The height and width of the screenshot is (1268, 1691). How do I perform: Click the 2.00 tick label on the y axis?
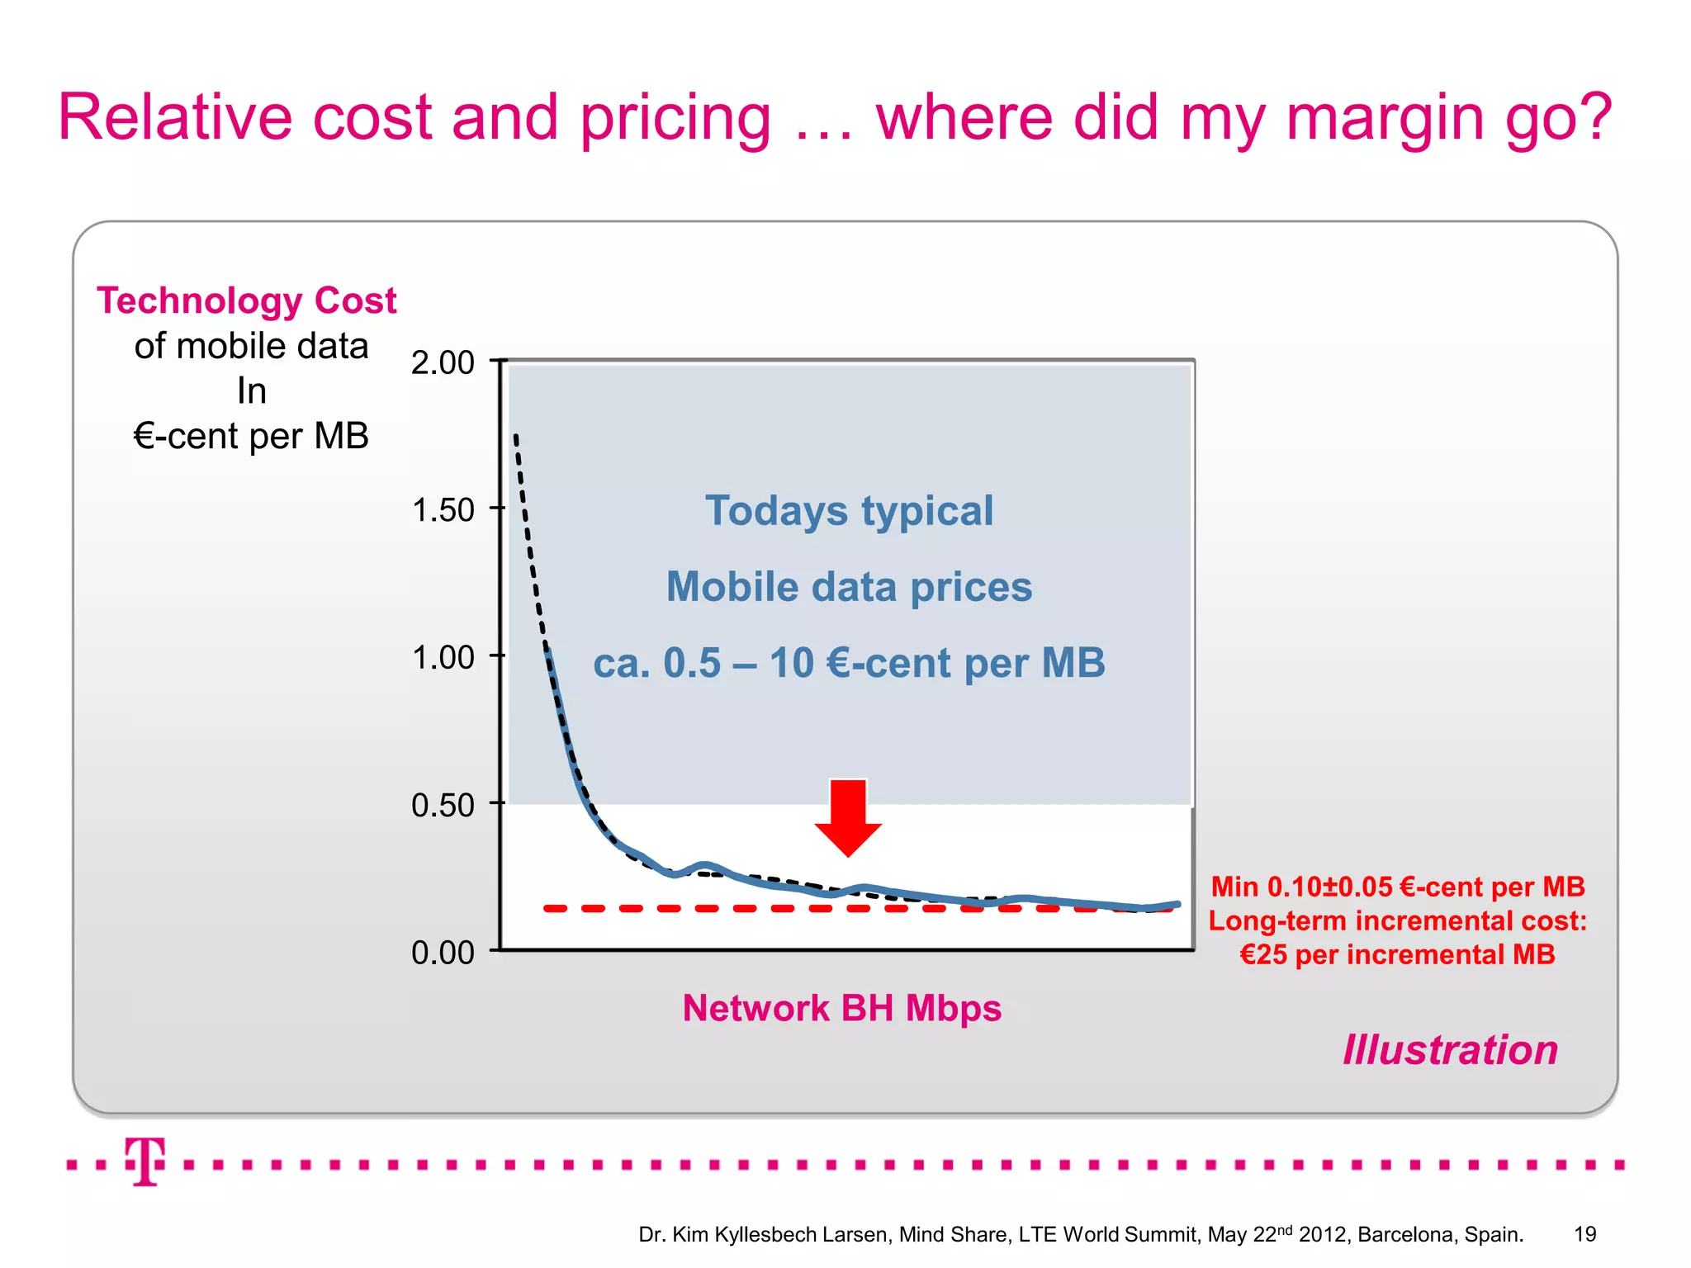[443, 362]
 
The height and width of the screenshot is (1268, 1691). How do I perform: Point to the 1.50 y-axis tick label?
[443, 510]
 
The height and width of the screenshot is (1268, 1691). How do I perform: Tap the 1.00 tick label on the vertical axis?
[443, 658]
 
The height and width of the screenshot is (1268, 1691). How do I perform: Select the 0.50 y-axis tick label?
[443, 805]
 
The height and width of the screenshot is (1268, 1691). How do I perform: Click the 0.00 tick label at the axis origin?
[443, 953]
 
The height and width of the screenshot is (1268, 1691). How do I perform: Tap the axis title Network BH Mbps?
[841, 1008]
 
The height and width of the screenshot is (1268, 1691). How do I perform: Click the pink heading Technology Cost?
[246, 300]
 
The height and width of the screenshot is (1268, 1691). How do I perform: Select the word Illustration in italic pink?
[1450, 1050]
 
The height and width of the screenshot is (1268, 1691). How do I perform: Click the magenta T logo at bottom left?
[145, 1162]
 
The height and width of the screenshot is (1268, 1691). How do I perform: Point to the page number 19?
[1584, 1234]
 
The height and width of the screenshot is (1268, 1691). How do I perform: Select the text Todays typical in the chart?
[849, 510]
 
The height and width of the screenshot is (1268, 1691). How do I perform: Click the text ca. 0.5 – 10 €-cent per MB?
[849, 663]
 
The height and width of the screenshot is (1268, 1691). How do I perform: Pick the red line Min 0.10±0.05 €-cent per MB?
[1397, 887]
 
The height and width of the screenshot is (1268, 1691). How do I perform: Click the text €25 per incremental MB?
[1397, 954]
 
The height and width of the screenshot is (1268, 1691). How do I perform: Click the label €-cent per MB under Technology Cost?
[251, 436]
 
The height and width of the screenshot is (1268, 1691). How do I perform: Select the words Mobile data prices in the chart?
[849, 587]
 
